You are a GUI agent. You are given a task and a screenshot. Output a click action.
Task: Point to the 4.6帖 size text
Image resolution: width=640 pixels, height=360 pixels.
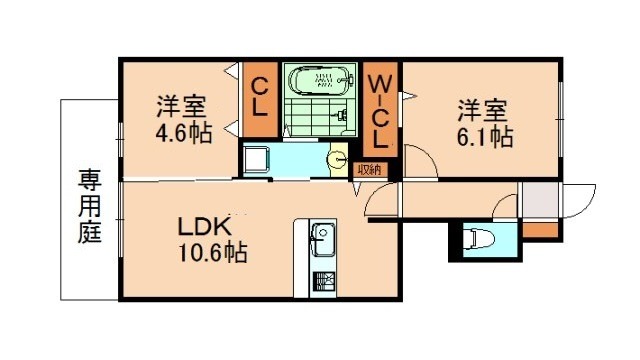click(183, 132)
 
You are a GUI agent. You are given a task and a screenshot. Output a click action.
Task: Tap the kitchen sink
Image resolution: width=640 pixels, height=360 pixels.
click(323, 239)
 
